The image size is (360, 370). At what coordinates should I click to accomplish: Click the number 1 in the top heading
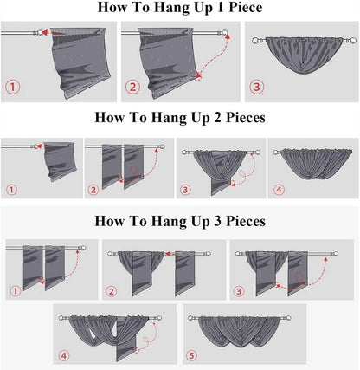(222, 7)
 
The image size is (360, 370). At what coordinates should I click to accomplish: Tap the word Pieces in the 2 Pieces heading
(246, 118)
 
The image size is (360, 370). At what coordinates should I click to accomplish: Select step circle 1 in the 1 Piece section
(13, 87)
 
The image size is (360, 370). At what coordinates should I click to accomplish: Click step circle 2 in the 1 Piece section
(133, 87)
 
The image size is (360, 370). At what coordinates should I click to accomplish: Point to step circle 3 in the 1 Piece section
(257, 87)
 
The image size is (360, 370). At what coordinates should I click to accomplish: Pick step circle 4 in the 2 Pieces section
(279, 190)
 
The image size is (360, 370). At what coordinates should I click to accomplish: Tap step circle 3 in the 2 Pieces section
(185, 190)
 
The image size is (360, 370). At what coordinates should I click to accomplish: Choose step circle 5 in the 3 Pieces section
(192, 355)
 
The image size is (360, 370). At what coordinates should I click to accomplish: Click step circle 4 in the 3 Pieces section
(64, 355)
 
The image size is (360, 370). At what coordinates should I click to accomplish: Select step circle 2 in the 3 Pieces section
(111, 291)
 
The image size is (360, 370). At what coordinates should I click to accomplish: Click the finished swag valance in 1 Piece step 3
(303, 55)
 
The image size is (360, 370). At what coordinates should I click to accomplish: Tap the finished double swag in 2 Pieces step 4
(317, 163)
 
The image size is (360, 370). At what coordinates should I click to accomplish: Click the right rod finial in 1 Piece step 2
(224, 33)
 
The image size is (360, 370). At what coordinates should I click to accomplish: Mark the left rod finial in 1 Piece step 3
(256, 41)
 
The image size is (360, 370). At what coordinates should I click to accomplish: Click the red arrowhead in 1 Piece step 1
(44, 32)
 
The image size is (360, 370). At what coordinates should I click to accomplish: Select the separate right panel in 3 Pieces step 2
(185, 273)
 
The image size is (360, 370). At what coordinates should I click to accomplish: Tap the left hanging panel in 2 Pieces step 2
(112, 166)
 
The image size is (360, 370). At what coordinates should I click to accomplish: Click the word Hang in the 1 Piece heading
(170, 8)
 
